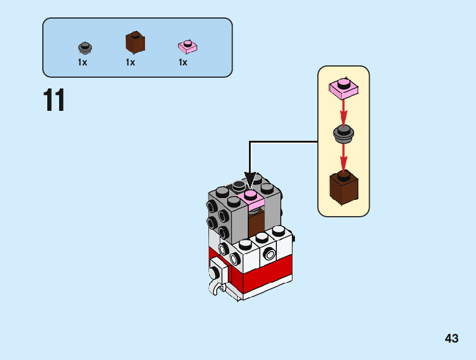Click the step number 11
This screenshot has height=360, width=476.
54,101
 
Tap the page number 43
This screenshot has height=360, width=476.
452,338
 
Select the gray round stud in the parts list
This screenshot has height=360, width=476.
85,47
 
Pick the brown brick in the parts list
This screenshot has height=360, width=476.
135,42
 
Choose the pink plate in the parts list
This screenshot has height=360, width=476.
187,45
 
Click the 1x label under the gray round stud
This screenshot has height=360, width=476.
82,62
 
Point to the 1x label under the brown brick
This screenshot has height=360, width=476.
130,62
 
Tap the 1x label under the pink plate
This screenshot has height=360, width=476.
183,62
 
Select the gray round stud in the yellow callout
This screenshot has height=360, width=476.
343,133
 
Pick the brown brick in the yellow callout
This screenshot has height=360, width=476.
343,187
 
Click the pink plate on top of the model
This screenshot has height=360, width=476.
250,199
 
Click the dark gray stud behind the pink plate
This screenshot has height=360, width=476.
240,186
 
